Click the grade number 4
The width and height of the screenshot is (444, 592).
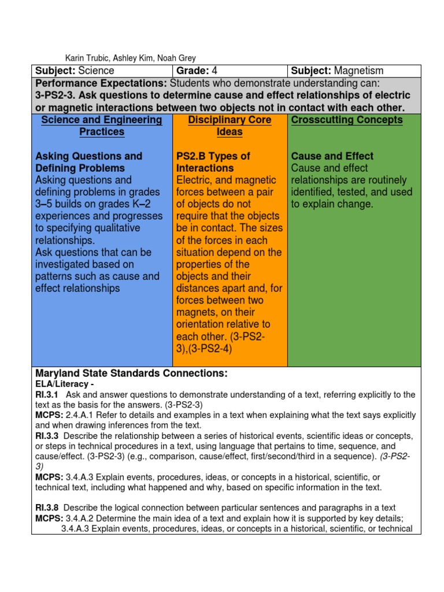[214, 71]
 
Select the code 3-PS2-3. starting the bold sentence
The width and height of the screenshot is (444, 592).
[56, 96]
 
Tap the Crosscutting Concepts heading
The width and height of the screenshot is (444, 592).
[347, 120]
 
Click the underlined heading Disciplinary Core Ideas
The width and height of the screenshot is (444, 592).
[230, 125]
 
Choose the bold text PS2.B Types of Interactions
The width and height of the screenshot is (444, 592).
[213, 162]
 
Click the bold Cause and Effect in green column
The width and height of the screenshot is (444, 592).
[332, 156]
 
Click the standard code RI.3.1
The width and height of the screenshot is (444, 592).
[47, 394]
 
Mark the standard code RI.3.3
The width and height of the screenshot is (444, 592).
[47, 435]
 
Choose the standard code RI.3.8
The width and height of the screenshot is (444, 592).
[47, 507]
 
